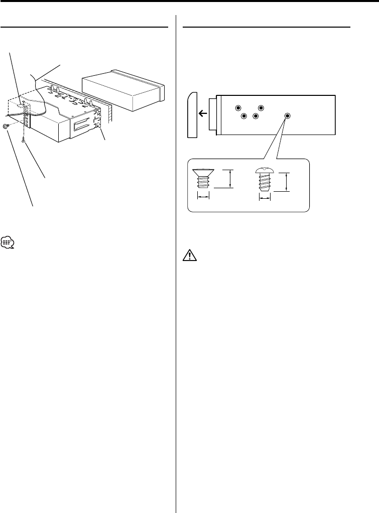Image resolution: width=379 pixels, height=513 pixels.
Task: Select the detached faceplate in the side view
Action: (x=192, y=114)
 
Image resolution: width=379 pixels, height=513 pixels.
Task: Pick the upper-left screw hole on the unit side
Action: (x=238, y=108)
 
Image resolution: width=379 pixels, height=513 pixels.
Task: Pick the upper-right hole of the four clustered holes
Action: (x=261, y=108)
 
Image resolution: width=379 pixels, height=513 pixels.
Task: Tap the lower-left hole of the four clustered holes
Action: (x=244, y=116)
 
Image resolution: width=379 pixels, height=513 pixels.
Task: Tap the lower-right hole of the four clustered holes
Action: (x=256, y=116)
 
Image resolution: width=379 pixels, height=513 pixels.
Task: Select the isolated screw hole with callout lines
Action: (x=288, y=116)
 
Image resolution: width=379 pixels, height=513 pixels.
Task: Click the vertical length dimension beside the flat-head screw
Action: (x=230, y=178)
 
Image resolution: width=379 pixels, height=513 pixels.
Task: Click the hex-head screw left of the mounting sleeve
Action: (x=6, y=126)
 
